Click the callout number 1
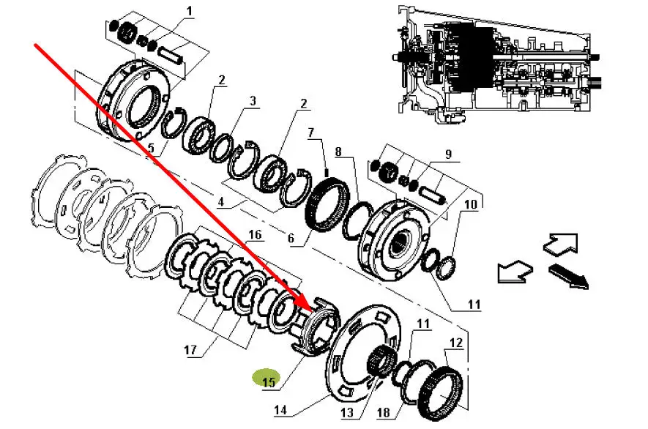(x=190, y=11)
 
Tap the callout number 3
(x=253, y=101)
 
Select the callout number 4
(x=221, y=201)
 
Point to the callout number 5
(x=150, y=148)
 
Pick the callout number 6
(x=291, y=238)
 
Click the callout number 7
(x=310, y=133)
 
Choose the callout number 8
(x=338, y=152)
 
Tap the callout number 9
(x=448, y=154)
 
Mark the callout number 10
(x=471, y=204)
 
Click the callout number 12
(x=456, y=343)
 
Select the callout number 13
(x=347, y=412)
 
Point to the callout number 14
(x=280, y=410)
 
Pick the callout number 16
(x=255, y=235)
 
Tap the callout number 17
(x=190, y=351)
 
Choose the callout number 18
(x=384, y=412)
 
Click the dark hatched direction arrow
(x=569, y=277)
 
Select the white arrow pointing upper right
(x=560, y=244)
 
